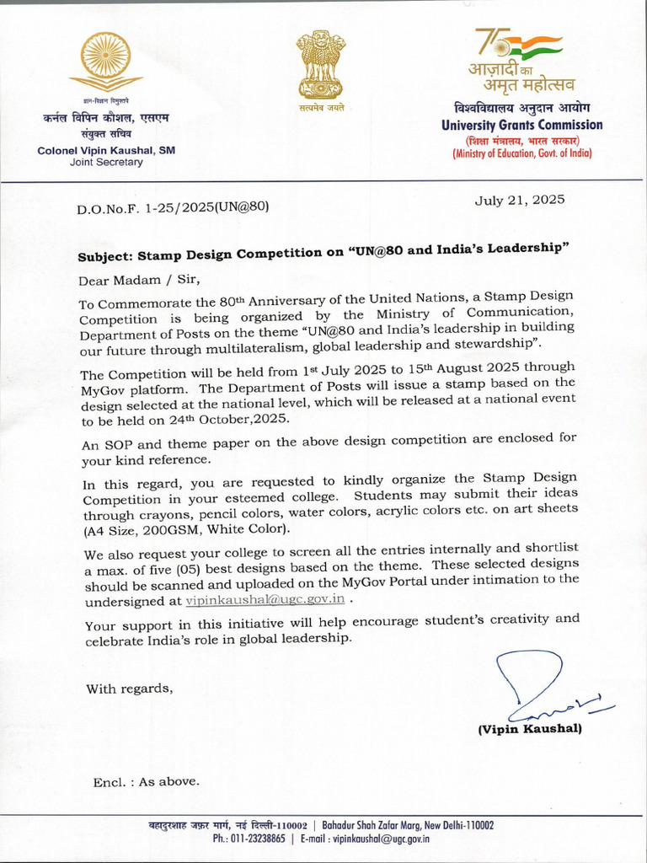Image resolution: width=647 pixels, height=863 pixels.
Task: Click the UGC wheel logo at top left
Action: [x=106, y=61]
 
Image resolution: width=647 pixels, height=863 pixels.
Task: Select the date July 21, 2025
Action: [x=520, y=201]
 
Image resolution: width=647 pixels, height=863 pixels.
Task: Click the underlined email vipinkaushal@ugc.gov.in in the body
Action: [x=265, y=599]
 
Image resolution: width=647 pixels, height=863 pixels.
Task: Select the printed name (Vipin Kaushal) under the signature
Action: [x=529, y=729]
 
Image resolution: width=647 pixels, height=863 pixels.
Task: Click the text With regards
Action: [x=129, y=689]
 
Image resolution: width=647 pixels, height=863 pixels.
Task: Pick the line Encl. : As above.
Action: [x=146, y=782]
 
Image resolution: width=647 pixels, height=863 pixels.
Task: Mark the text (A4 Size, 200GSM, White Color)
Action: [x=186, y=529]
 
